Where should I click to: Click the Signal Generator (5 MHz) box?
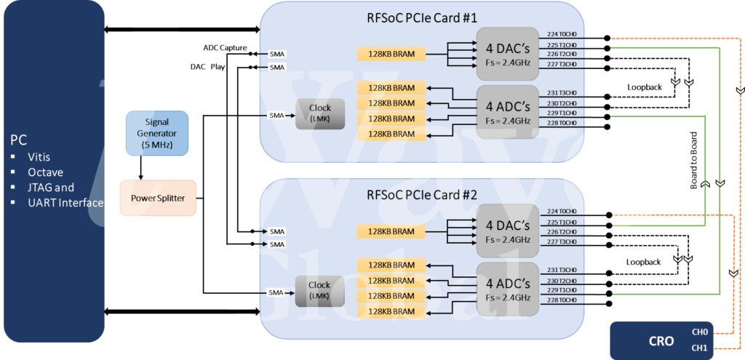156,133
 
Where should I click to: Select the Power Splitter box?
158,197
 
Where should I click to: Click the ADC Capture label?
225,48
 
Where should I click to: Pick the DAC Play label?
207,66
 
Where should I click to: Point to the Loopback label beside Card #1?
645,87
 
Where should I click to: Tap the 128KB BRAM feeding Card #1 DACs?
391,54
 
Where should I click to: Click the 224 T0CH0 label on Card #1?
562,33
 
